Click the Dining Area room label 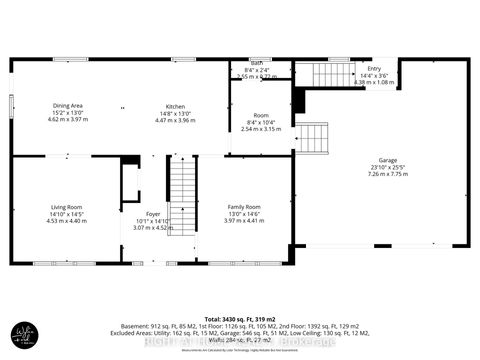(68, 105)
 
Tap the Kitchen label (176, 105)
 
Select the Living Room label (67, 206)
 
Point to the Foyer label (153, 213)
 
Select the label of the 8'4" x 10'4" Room (262, 115)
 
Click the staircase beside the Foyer (182, 190)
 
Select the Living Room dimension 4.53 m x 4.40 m (67, 220)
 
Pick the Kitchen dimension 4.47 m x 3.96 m (176, 120)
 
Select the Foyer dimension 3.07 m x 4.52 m (153, 227)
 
